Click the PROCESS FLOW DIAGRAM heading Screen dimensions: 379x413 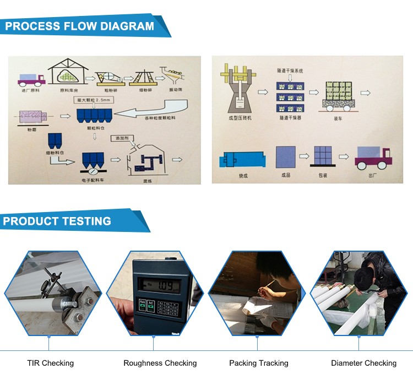point(80,26)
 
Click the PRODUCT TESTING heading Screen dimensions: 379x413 point(57,221)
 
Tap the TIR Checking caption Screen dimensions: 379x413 point(50,363)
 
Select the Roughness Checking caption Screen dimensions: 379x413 point(160,363)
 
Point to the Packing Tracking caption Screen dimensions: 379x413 point(258,363)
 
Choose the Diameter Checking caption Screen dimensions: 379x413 point(363,363)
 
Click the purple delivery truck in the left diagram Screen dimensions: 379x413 point(31,80)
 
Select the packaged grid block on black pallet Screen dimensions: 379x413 point(324,159)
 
